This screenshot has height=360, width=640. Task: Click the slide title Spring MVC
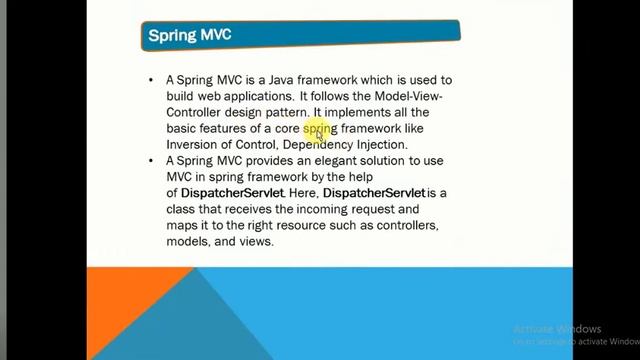[x=189, y=35]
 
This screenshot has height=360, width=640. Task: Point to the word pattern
[x=288, y=112]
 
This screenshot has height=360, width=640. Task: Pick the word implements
[x=359, y=112]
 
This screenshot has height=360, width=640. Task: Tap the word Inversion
[x=192, y=145]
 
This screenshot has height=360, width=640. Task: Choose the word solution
[x=387, y=161]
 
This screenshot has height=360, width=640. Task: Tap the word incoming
[x=337, y=210]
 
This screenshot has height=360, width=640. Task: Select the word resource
[x=293, y=226]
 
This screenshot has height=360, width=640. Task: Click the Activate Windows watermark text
[x=557, y=329]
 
